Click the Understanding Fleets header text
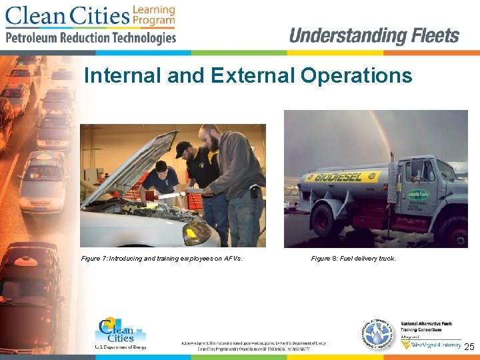coord(374,35)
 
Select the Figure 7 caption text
coord(166,258)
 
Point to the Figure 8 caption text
coord(353,258)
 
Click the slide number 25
coord(469,347)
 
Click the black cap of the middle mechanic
coord(181,147)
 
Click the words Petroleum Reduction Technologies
coord(91,38)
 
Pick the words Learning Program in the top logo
coord(153,15)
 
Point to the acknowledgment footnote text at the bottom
coord(253,345)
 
